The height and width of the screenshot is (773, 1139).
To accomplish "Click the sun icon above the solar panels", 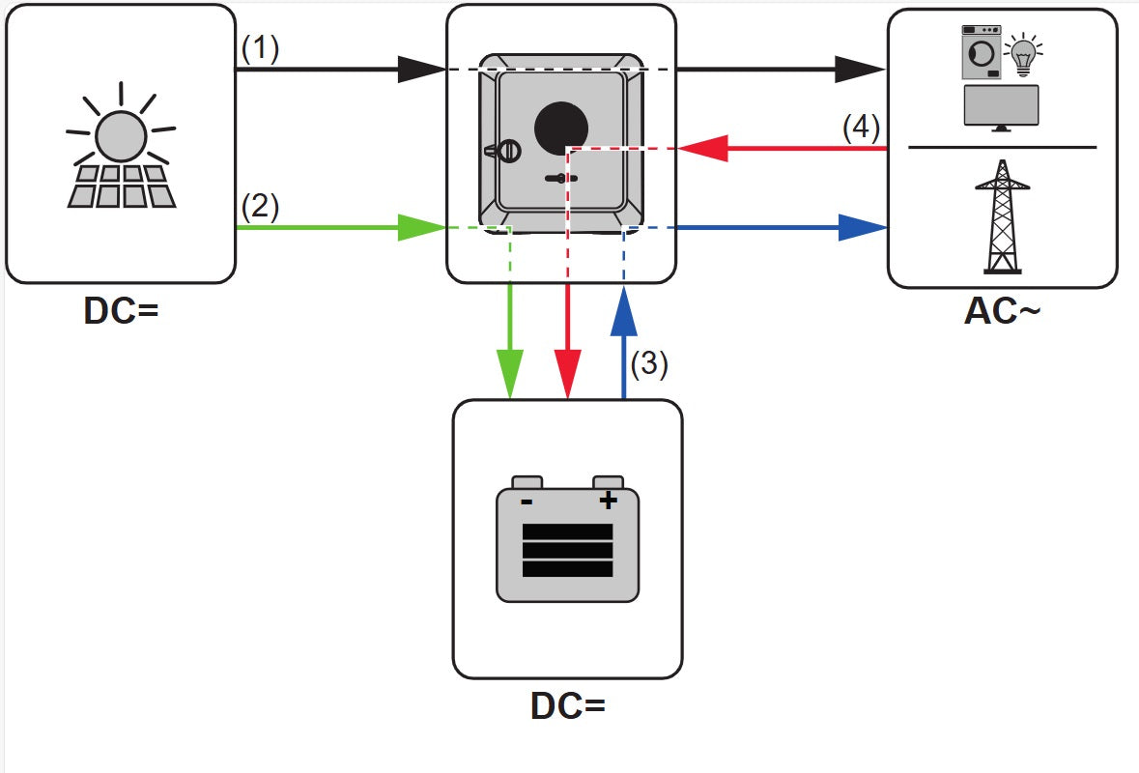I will (x=121, y=136).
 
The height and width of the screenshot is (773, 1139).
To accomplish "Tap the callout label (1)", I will (x=260, y=48).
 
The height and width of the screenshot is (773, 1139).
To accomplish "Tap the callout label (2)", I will (x=260, y=207).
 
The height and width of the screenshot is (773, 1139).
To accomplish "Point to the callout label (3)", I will (x=649, y=363).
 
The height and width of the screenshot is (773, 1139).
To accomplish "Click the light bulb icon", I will (x=1022, y=56).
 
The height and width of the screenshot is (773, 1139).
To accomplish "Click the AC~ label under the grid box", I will (x=1003, y=311).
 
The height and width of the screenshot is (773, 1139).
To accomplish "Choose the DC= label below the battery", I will (x=567, y=706).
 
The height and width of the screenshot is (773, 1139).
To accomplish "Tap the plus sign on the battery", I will (x=608, y=500).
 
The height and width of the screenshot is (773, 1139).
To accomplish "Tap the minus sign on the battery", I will (x=527, y=501).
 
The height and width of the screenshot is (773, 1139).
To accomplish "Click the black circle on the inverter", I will (x=561, y=125).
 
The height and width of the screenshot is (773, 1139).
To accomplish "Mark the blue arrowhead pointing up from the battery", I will (x=624, y=310).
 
